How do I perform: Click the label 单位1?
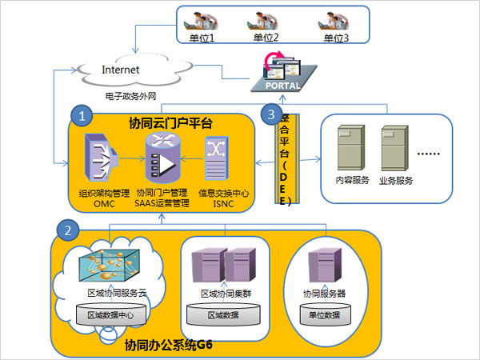201,37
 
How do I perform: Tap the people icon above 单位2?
267,20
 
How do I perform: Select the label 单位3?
337,37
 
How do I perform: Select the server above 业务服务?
396,149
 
